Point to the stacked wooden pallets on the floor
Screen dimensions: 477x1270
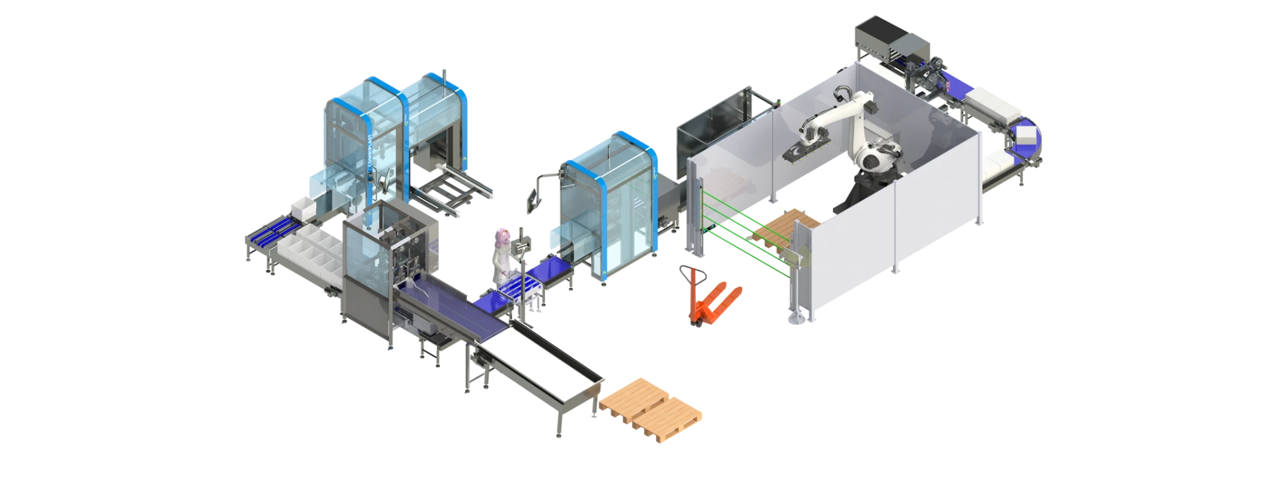651,403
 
